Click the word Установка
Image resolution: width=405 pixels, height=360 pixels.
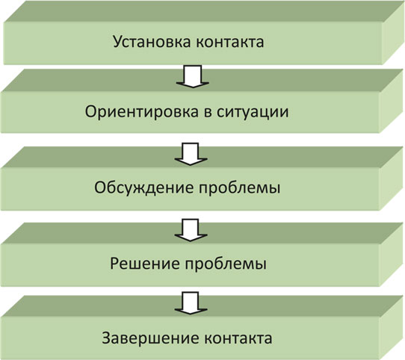[152, 43]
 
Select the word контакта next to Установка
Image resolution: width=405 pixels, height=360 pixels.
[230, 42]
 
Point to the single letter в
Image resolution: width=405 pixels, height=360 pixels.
[208, 113]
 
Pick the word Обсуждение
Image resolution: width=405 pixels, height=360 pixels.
[143, 187]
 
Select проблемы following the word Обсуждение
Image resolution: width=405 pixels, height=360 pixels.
[239, 189]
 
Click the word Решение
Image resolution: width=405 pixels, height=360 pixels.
[145, 264]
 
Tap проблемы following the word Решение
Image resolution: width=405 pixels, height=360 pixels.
[226, 264]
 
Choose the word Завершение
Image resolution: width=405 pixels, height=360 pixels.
[151, 338]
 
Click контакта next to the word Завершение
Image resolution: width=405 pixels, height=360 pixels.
[238, 338]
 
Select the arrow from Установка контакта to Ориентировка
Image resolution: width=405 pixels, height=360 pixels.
[193, 76]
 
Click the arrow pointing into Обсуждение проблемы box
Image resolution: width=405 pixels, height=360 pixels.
[191, 154]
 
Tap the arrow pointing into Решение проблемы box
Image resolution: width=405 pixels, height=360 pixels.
[191, 230]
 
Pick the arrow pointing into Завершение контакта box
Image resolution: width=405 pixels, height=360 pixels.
[191, 303]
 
